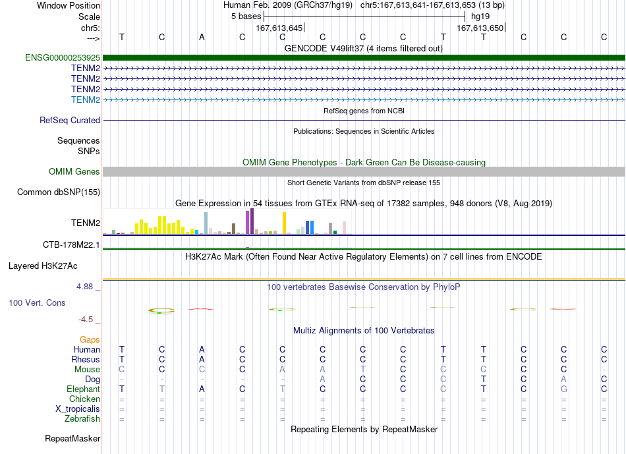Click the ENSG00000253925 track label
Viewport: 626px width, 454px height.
coord(63,57)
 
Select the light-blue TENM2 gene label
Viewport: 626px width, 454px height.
coord(86,99)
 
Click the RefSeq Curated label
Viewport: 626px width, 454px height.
coord(70,120)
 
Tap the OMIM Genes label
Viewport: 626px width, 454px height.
coord(74,172)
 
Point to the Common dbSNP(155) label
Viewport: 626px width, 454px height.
coord(59,192)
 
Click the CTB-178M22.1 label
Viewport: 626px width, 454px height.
coord(71,244)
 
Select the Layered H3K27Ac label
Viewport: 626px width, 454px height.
coord(43,266)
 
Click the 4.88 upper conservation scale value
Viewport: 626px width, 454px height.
coord(84,287)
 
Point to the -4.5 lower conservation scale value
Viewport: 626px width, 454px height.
coord(86,320)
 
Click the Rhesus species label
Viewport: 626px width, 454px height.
coord(86,359)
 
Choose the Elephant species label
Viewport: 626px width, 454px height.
coord(84,389)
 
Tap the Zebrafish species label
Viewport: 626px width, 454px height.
coord(82,419)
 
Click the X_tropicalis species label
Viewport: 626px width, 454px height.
coord(78,409)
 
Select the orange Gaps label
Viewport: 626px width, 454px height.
coord(90,340)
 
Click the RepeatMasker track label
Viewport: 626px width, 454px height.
coord(72,438)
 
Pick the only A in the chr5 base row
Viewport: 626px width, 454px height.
coord(202,37)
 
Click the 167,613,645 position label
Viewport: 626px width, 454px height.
coord(279,28)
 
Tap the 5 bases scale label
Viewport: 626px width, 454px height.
coord(246,16)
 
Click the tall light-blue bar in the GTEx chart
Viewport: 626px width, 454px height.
coord(206,223)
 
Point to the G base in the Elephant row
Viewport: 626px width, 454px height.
coord(563,389)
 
